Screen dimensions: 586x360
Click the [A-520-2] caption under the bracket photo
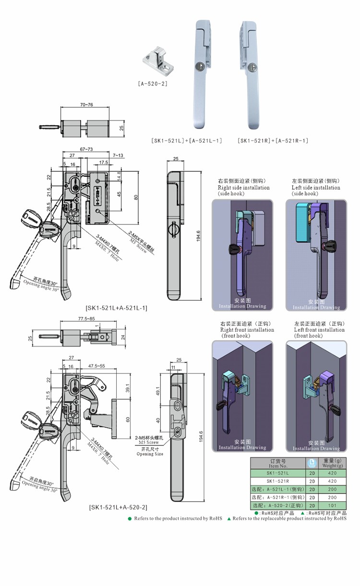[x=152, y=84]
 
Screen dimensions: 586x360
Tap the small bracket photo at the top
[x=157, y=61]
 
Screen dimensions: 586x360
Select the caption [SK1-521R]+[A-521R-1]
[x=272, y=141]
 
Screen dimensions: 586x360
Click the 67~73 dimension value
[x=86, y=150]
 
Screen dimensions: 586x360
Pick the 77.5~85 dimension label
[x=86, y=318]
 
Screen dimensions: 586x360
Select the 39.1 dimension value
[x=128, y=387]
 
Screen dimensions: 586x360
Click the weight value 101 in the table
[x=332, y=506]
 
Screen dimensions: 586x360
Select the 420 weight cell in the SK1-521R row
[x=332, y=481]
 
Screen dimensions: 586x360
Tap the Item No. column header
[x=277, y=466]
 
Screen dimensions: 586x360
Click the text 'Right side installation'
[x=243, y=188]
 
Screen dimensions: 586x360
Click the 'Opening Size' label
[x=150, y=454]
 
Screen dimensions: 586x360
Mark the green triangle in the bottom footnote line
[x=229, y=519]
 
